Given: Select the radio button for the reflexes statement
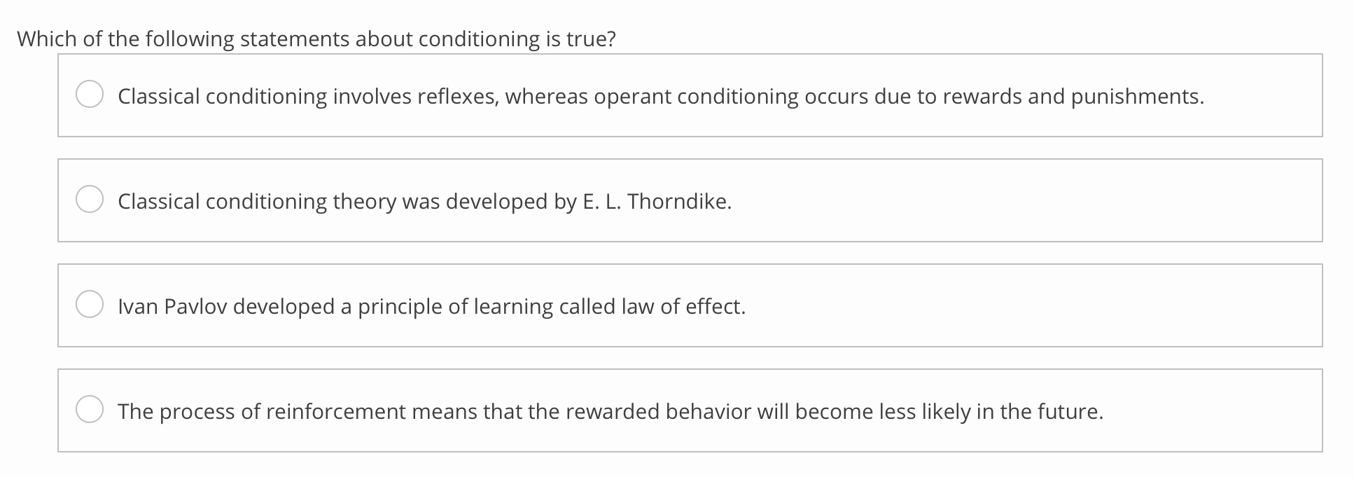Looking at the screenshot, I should coord(90,95).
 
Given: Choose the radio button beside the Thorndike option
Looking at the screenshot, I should coord(90,200).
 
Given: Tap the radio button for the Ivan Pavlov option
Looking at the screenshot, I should coord(90,305).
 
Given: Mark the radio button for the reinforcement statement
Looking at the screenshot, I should coord(90,410).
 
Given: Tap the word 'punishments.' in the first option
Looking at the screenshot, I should coord(1138,96).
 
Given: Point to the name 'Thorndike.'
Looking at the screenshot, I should coord(679,201).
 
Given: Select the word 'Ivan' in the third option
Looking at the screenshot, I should coord(138,306).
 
